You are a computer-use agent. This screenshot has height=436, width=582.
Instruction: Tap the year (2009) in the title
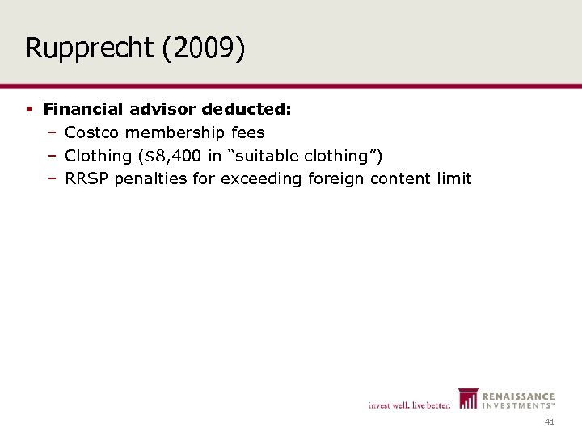coord(204,48)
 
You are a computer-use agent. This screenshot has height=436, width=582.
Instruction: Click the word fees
coord(247,132)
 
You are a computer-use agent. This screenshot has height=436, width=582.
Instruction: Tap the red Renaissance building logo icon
coord(467,399)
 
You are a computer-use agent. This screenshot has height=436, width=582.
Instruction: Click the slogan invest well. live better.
coord(409,405)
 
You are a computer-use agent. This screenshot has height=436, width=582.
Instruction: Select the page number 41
coord(550,421)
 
